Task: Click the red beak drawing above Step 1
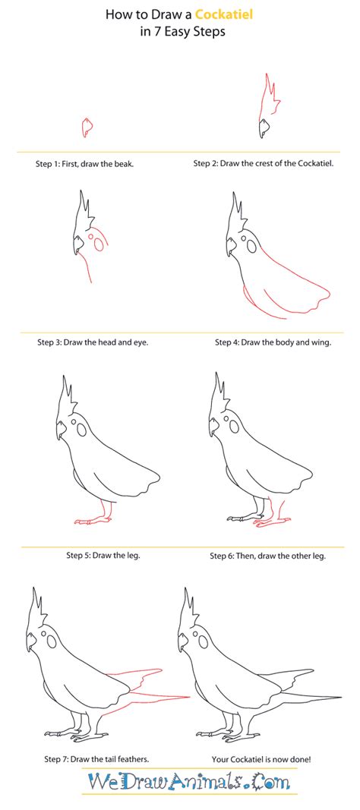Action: coord(87,127)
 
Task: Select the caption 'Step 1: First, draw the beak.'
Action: coord(85,163)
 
